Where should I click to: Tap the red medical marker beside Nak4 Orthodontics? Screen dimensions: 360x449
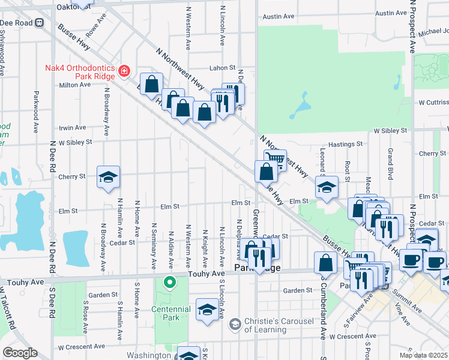click(124, 71)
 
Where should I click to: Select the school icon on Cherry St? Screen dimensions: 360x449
click(109, 177)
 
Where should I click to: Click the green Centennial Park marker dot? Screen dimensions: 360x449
click(170, 281)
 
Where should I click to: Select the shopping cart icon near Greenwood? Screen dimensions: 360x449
click(275, 160)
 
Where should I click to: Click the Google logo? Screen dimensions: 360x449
click(20, 353)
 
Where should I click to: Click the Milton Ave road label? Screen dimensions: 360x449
click(74, 85)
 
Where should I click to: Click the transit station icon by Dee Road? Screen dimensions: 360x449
click(40, 23)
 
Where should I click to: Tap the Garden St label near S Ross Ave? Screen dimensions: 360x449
click(102, 295)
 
